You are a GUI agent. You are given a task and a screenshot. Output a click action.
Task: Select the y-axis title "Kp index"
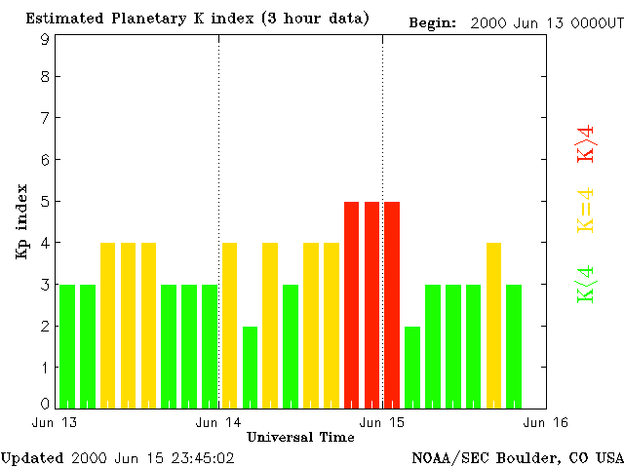coord(20,221)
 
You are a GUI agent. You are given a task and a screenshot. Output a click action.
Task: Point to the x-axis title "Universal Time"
coord(300,437)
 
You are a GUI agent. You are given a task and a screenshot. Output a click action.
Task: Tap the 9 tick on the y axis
coord(45,40)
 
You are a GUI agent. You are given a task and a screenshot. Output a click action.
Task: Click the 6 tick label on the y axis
coord(45,160)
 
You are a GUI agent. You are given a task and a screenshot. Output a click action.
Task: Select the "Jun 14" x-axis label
coord(217,422)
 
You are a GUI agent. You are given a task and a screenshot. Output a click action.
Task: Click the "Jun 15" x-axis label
coord(382,422)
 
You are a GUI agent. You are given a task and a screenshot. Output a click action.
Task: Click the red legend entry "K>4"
coord(585,143)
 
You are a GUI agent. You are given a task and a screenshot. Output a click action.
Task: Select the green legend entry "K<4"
coord(585,284)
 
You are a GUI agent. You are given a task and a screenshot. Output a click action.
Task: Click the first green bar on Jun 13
coord(67,346)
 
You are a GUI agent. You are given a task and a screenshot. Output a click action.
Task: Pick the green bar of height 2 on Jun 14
coord(251,367)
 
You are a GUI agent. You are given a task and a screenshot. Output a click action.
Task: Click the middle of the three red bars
coord(371,304)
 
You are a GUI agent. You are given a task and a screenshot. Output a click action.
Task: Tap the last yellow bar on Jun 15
coord(493,325)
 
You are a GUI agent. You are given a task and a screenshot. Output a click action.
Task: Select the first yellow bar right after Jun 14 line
coord(230,325)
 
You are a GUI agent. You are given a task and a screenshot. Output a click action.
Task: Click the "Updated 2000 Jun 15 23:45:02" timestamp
coord(117,456)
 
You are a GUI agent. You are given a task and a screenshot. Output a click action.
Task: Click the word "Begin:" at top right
coord(432,22)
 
